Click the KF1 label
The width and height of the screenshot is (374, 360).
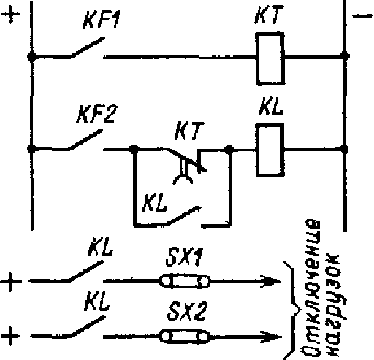pyautogui.click(x=102, y=20)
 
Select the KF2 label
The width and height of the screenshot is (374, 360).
pyautogui.click(x=96, y=114)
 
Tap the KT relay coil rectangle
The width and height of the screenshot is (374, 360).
pyautogui.click(x=270, y=58)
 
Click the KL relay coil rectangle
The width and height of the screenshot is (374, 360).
pyautogui.click(x=270, y=150)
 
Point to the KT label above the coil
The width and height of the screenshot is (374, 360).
pyautogui.click(x=269, y=15)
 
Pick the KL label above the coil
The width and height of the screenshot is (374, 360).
pyautogui.click(x=271, y=106)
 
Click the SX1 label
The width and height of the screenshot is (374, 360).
pyautogui.click(x=184, y=257)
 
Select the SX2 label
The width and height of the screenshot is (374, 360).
pyautogui.click(x=187, y=311)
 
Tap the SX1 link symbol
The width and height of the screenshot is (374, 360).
pyautogui.click(x=185, y=281)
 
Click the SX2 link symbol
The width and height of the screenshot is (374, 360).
pyautogui.click(x=185, y=337)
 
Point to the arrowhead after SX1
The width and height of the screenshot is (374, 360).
pyautogui.click(x=271, y=281)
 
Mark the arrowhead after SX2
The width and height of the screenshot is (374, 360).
pyautogui.click(x=271, y=337)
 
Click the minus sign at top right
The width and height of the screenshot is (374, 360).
pyautogui.click(x=363, y=16)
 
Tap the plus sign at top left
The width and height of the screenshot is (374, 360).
pyautogui.click(x=10, y=14)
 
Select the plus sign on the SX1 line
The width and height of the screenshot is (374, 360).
pyautogui.click(x=11, y=281)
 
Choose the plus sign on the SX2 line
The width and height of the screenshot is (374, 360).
pyautogui.click(x=10, y=337)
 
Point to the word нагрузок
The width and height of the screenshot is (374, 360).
pyautogui.click(x=333, y=305)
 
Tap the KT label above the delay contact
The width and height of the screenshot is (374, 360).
pyautogui.click(x=188, y=131)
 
